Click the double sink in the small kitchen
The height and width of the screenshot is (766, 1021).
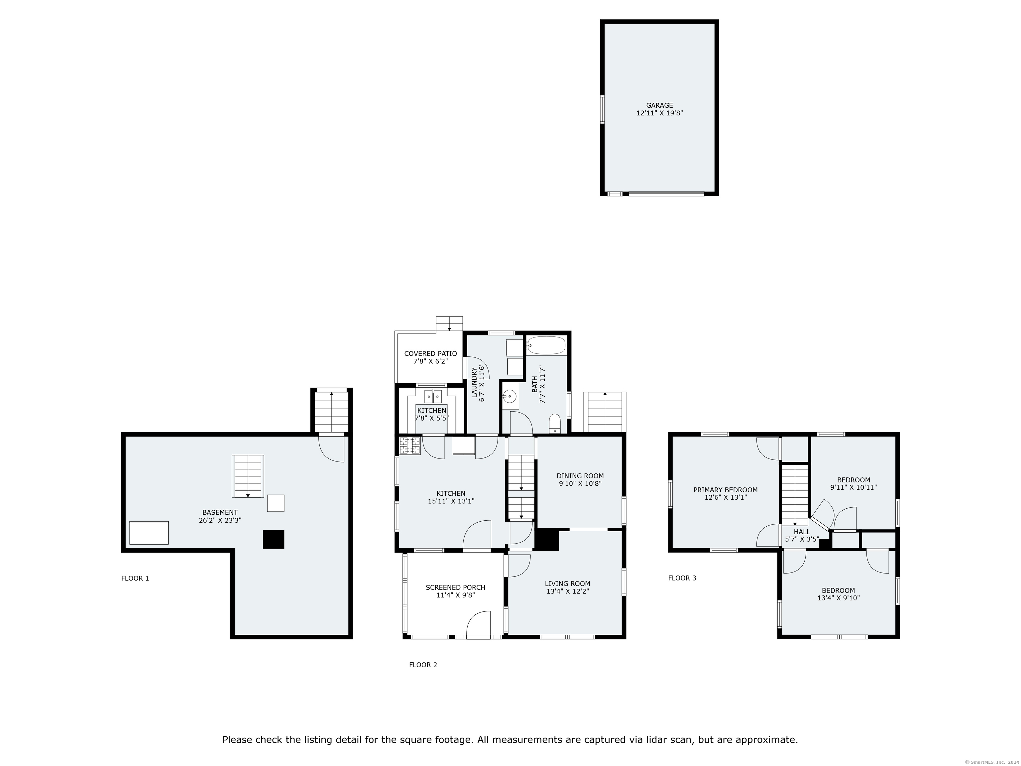pos(433,397)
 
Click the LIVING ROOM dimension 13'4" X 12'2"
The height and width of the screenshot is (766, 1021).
pos(567,591)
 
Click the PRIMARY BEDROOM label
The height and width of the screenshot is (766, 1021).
pos(725,490)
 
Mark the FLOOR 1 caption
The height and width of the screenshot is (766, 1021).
pos(135,578)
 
